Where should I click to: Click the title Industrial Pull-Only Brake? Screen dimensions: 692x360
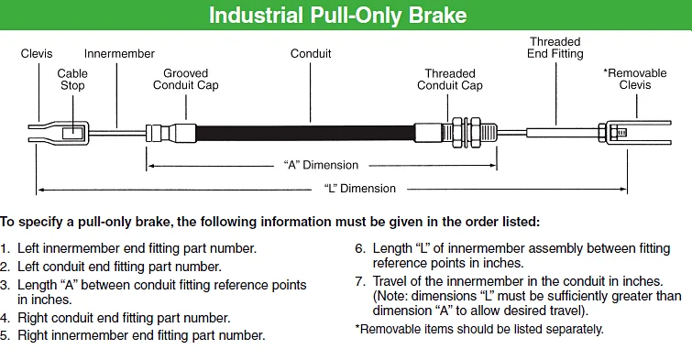337,15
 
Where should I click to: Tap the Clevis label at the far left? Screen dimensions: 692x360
37,54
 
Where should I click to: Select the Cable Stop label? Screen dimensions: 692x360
72,80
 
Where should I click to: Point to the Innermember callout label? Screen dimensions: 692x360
119,54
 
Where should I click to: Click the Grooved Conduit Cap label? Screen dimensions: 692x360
186,80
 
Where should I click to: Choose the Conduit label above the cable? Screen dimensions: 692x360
311,54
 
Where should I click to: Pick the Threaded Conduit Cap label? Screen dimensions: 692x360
450,80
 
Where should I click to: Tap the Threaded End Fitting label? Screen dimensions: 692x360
555,48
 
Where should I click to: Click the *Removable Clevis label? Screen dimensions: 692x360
635,79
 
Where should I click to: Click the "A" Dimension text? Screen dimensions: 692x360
321,165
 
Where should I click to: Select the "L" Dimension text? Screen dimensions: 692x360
359,189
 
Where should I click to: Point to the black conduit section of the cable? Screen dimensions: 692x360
305,134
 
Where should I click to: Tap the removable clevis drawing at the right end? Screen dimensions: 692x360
634,132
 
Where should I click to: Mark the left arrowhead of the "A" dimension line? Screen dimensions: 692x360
150,166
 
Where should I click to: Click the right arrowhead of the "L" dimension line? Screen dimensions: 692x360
623,190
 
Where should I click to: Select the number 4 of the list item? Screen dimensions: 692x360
5,318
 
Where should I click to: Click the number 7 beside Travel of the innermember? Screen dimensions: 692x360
359,281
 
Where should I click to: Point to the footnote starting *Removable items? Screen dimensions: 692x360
479,329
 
